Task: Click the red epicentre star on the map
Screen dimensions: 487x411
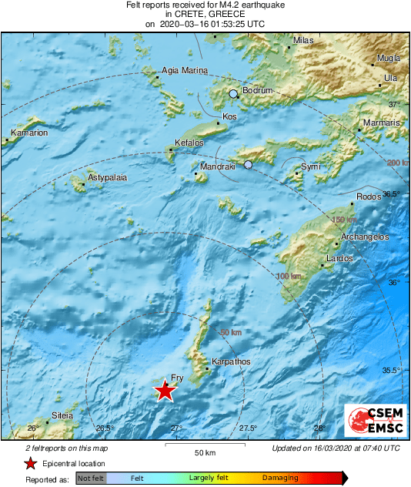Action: click(165, 391)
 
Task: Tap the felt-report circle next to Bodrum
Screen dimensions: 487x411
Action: click(233, 94)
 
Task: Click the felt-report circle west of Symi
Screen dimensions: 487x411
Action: click(248, 164)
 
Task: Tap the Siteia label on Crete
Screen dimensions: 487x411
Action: click(62, 415)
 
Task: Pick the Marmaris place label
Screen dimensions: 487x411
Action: click(383, 123)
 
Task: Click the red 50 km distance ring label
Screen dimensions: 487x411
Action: click(231, 332)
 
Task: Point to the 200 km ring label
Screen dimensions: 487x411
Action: click(398, 163)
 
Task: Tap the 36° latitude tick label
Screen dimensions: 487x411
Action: click(393, 283)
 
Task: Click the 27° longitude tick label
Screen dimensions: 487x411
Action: click(176, 428)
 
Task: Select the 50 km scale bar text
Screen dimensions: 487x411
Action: click(204, 452)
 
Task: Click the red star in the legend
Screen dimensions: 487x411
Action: click(30, 463)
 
